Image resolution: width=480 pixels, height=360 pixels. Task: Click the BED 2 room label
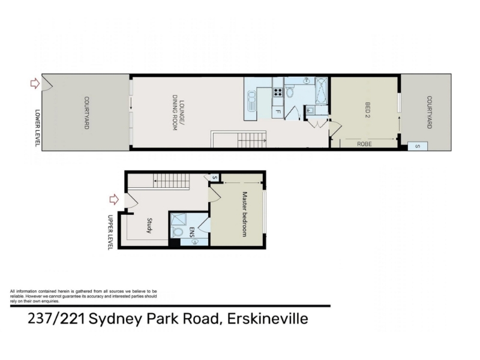(368, 110)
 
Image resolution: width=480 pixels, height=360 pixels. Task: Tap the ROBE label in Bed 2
(364, 143)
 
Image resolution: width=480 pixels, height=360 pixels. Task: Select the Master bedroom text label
(244, 214)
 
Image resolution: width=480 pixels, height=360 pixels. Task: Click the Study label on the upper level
(149, 226)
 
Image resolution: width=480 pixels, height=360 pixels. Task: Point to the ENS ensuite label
(192, 231)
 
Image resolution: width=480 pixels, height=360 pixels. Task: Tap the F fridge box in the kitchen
(278, 112)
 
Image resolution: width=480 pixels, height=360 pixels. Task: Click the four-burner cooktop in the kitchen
(278, 92)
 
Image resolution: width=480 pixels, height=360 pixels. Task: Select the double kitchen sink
(251, 101)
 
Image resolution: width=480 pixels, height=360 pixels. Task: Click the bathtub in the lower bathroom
(321, 91)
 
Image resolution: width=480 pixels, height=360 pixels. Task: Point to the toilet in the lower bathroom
(290, 91)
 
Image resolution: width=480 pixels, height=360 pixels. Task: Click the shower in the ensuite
(178, 219)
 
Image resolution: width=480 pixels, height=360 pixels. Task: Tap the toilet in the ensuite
(176, 232)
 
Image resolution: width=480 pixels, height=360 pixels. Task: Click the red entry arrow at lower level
(35, 83)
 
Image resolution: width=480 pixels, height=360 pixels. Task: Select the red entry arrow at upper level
(114, 200)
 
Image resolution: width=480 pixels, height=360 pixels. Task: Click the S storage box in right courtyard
(418, 146)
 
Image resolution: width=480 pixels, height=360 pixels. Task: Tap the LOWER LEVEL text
(38, 128)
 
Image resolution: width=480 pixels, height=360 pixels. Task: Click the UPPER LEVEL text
(110, 232)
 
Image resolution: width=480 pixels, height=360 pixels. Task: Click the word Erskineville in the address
(267, 319)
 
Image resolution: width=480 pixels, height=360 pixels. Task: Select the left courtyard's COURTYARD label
(86, 113)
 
